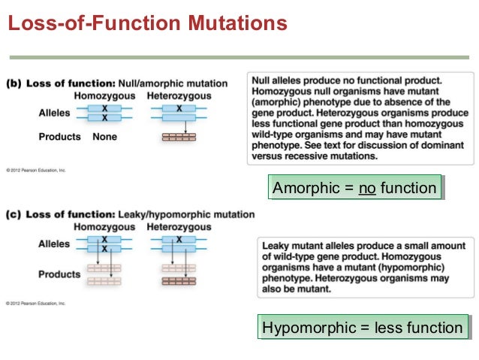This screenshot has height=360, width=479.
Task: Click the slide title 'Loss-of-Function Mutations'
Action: tap(147, 24)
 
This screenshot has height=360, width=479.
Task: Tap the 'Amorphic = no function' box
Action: tap(354, 188)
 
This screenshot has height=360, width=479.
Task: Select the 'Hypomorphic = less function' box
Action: tap(363, 327)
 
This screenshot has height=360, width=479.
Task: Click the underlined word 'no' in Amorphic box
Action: tap(367, 188)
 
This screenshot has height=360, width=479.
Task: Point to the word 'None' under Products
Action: tap(104, 137)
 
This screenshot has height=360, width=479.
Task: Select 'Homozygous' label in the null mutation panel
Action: tap(104, 96)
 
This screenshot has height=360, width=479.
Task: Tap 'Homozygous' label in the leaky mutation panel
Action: tap(104, 227)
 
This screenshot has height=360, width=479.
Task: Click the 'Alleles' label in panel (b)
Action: tap(54, 113)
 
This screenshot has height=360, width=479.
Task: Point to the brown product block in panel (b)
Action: tap(179, 138)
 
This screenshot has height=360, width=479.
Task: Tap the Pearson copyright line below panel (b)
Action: tap(36, 171)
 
